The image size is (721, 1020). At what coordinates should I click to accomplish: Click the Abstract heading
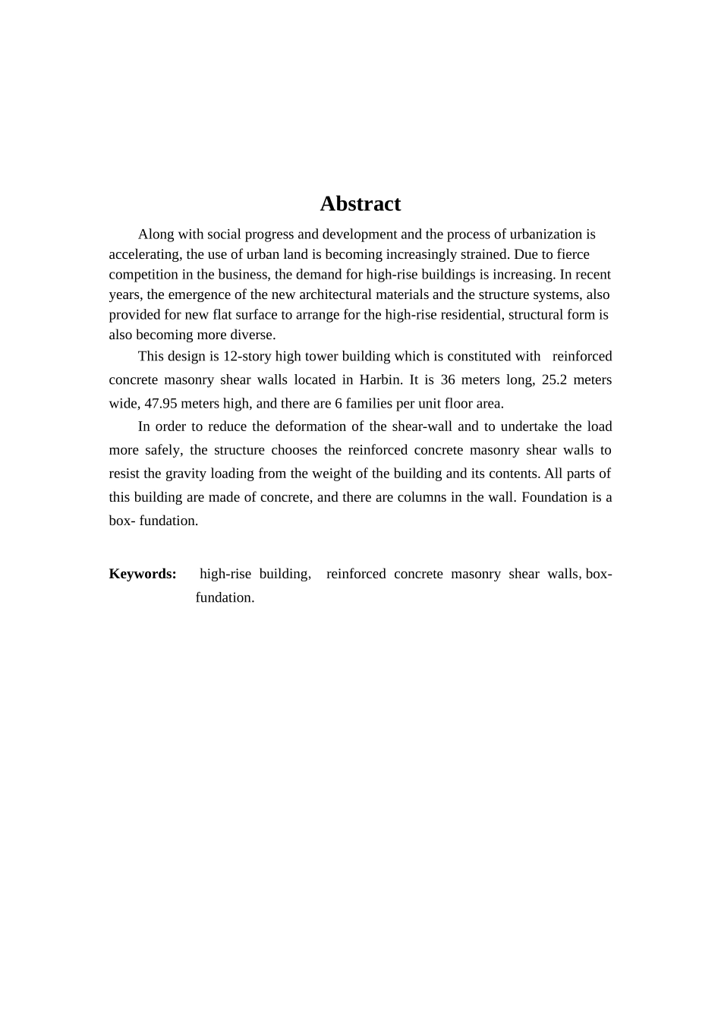click(360, 203)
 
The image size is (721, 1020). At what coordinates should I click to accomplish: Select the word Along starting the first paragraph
click(155, 235)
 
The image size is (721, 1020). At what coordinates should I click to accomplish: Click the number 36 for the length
click(448, 379)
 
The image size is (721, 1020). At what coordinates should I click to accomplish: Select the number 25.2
click(554, 379)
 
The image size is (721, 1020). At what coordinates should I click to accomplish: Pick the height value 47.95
click(161, 403)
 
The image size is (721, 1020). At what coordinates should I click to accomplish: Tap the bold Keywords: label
click(143, 574)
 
